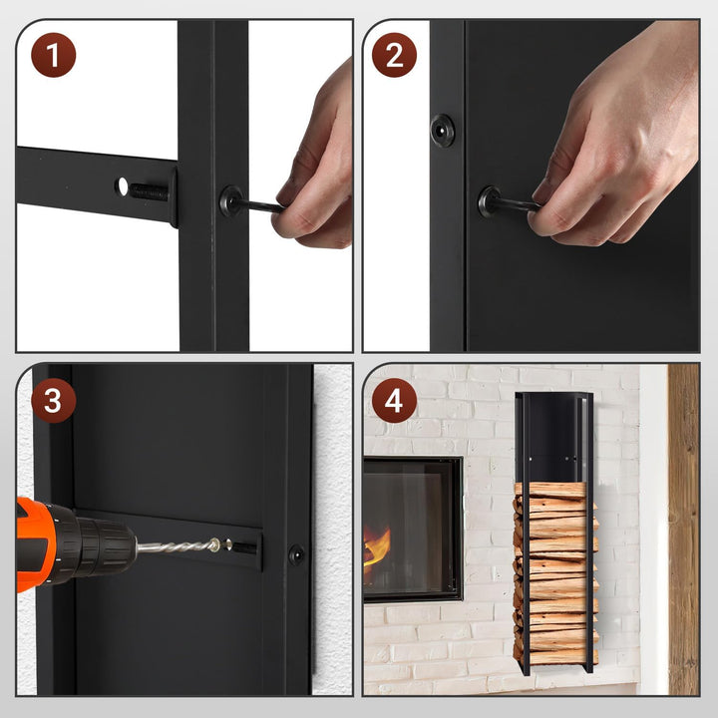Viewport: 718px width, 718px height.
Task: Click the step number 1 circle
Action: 53,55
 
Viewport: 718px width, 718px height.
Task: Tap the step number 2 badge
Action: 394,55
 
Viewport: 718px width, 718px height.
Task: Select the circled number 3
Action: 53,400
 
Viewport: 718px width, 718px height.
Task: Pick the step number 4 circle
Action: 394,400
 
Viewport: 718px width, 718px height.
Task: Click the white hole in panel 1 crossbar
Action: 123,185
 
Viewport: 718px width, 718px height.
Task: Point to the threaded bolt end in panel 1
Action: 148,191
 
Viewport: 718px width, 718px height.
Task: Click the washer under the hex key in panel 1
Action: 230,200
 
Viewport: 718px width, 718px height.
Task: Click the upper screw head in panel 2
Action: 443,130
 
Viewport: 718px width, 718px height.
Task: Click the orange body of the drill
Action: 32,543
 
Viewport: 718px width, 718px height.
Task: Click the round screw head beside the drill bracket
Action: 297,554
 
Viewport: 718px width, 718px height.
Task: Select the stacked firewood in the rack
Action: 555,572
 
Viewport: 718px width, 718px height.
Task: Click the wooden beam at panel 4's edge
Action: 683,530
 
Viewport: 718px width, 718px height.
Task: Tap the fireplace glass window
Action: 412,528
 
